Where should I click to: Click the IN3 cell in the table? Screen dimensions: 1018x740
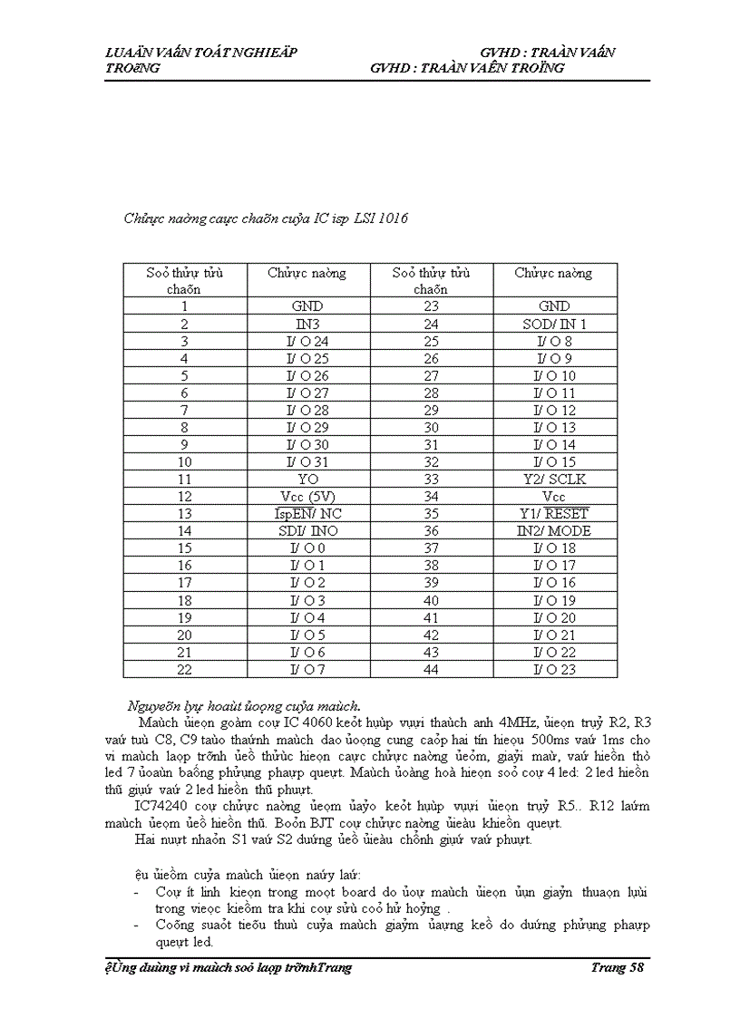click(307, 325)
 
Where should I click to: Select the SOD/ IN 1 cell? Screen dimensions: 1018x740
click(554, 325)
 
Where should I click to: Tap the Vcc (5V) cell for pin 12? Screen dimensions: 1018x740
click(307, 497)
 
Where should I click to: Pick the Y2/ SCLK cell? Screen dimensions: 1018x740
click(554, 480)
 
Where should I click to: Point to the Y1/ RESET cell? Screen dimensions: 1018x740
click(554, 514)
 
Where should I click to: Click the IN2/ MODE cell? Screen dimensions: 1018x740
click(554, 531)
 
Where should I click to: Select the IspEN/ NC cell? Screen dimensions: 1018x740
click(307, 514)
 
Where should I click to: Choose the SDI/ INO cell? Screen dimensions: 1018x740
click(307, 531)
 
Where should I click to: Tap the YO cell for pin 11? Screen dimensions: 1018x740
click(307, 480)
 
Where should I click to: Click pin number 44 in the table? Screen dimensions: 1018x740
click(431, 670)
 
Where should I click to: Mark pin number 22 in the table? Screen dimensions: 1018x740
click(184, 670)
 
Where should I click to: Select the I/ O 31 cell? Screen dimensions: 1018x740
click(307, 462)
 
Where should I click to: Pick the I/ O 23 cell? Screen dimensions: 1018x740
click(554, 670)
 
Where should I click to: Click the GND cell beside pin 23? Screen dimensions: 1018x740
click(554, 307)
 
